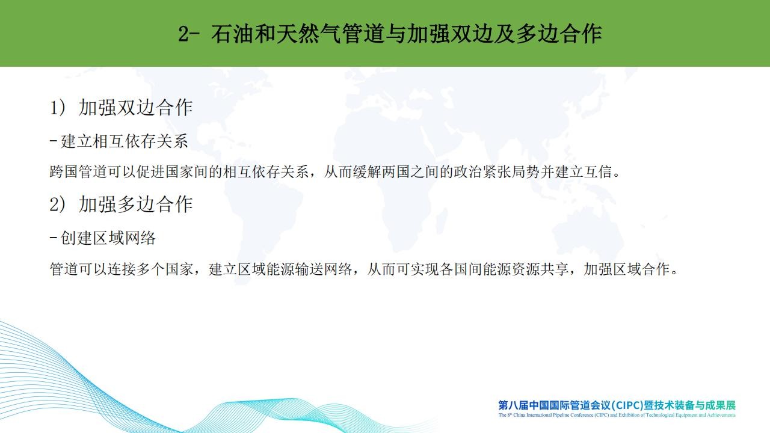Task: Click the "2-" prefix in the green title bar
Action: point(189,34)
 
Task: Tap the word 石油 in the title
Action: point(232,34)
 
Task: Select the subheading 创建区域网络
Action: point(108,238)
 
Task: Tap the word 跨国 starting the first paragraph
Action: point(64,172)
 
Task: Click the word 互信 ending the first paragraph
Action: point(598,172)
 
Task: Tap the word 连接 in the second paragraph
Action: point(122,269)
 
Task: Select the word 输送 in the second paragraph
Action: point(310,269)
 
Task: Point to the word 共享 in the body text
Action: point(555,269)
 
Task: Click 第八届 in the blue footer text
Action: point(514,405)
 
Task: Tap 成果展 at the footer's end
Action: point(721,405)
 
